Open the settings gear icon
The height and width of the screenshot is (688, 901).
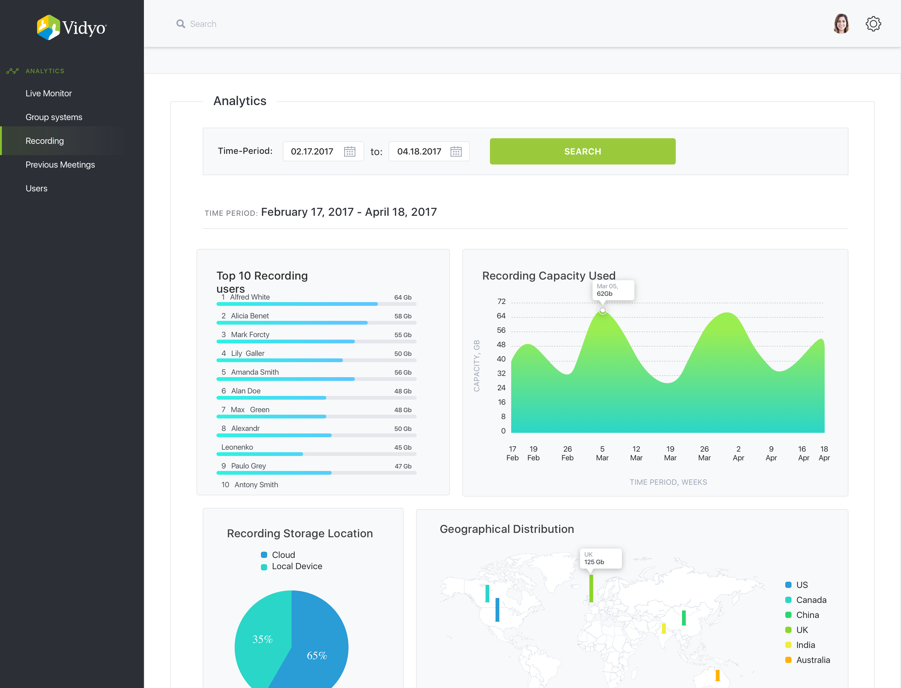(x=873, y=24)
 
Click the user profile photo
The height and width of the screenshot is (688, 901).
(x=841, y=24)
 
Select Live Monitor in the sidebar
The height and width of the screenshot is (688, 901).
(x=48, y=94)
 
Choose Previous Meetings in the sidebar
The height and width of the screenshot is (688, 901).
(x=60, y=164)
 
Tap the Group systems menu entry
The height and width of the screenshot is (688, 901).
(x=54, y=117)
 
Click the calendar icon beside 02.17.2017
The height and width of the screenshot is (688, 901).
(x=349, y=152)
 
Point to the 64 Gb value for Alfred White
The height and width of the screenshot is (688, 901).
(x=403, y=297)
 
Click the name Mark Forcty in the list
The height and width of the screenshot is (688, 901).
(x=250, y=335)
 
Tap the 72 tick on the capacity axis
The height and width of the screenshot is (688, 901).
(x=501, y=301)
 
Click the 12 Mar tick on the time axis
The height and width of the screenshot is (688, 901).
(x=636, y=453)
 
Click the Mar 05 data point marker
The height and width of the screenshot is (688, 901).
(x=602, y=311)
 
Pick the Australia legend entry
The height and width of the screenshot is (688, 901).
(x=807, y=660)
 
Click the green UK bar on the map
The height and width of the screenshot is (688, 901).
(x=591, y=589)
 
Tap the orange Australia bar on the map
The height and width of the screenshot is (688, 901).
(x=717, y=675)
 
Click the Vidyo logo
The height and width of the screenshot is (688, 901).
(x=71, y=28)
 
